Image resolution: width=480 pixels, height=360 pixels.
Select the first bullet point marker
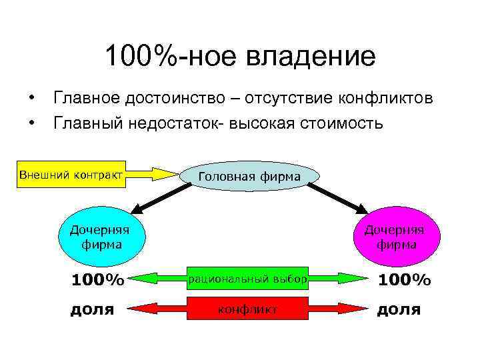31,99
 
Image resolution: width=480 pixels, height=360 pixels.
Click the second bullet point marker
31,123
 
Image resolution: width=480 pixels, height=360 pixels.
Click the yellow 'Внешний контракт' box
71,175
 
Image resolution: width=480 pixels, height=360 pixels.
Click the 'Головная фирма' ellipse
249,176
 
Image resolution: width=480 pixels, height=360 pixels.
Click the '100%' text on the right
404,280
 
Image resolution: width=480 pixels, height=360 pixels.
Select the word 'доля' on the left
93,309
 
